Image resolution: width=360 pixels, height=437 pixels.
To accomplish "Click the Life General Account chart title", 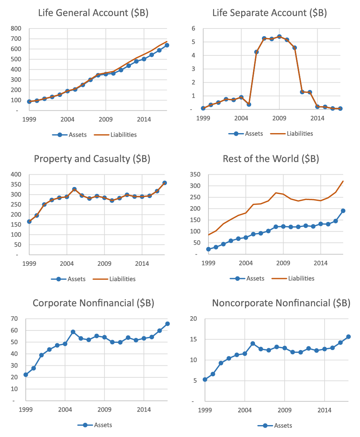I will (x=93, y=13).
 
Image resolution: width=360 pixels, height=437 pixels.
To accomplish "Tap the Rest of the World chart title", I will (x=271, y=158).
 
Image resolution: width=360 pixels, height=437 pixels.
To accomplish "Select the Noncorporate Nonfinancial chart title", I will (x=281, y=303).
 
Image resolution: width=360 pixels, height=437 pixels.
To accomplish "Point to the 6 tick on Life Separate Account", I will (x=194, y=28).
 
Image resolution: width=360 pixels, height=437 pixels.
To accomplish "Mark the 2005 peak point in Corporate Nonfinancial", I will (x=73, y=332).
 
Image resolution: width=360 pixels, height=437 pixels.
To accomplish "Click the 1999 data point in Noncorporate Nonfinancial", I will (x=205, y=379).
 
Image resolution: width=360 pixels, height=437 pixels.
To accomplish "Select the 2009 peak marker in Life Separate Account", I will (x=279, y=37).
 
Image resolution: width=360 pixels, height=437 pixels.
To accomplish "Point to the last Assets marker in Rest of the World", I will (x=343, y=211).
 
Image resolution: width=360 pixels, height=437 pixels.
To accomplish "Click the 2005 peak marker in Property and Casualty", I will (x=74, y=189).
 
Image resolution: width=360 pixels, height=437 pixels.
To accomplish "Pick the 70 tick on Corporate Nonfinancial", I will (x=15, y=319).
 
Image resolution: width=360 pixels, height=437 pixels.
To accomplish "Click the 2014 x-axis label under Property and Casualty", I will (x=142, y=264).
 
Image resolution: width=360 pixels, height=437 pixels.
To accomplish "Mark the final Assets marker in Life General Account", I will (x=167, y=45).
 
